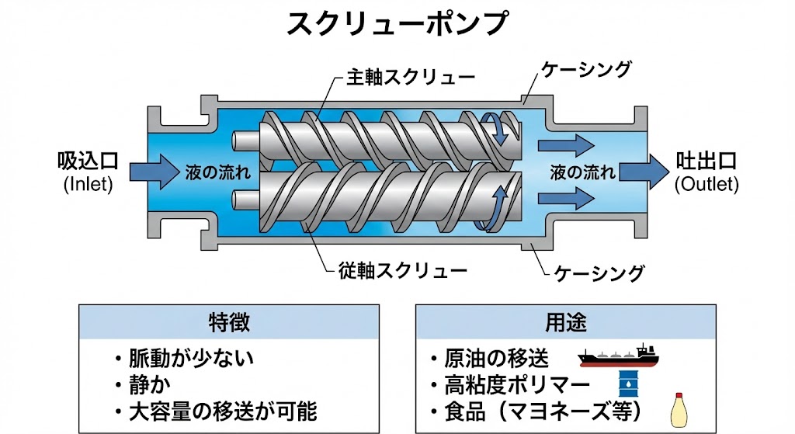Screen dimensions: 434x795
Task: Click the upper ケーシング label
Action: pos(586,68)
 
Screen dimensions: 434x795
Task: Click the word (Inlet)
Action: pos(88,185)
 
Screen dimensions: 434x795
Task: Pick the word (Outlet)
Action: pos(706,185)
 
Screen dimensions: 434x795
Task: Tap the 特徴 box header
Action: pos(229,321)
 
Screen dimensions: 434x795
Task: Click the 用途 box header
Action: pos(566,321)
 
